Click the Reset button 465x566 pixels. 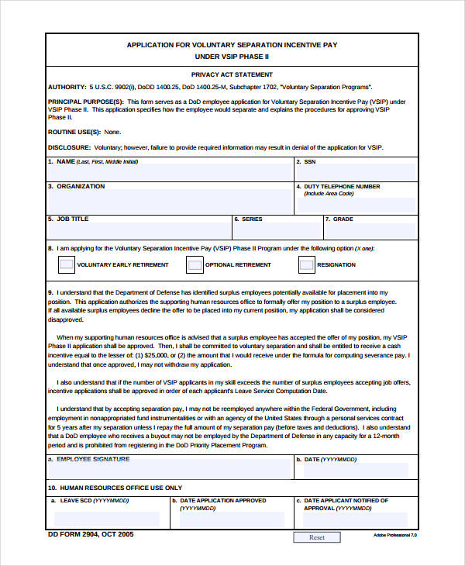click(x=317, y=537)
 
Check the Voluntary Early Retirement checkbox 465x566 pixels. click(x=65, y=265)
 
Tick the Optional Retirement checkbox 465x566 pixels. click(x=195, y=265)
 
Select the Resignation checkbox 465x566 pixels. click(x=307, y=265)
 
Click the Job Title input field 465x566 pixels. click(x=139, y=231)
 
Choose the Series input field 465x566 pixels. click(x=277, y=231)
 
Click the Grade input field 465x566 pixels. click(x=369, y=231)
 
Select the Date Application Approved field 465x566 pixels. click(x=231, y=519)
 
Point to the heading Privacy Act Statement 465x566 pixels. click(x=232, y=75)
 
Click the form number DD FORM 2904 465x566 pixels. click(x=77, y=534)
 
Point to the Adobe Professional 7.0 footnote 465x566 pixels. click(x=394, y=536)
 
